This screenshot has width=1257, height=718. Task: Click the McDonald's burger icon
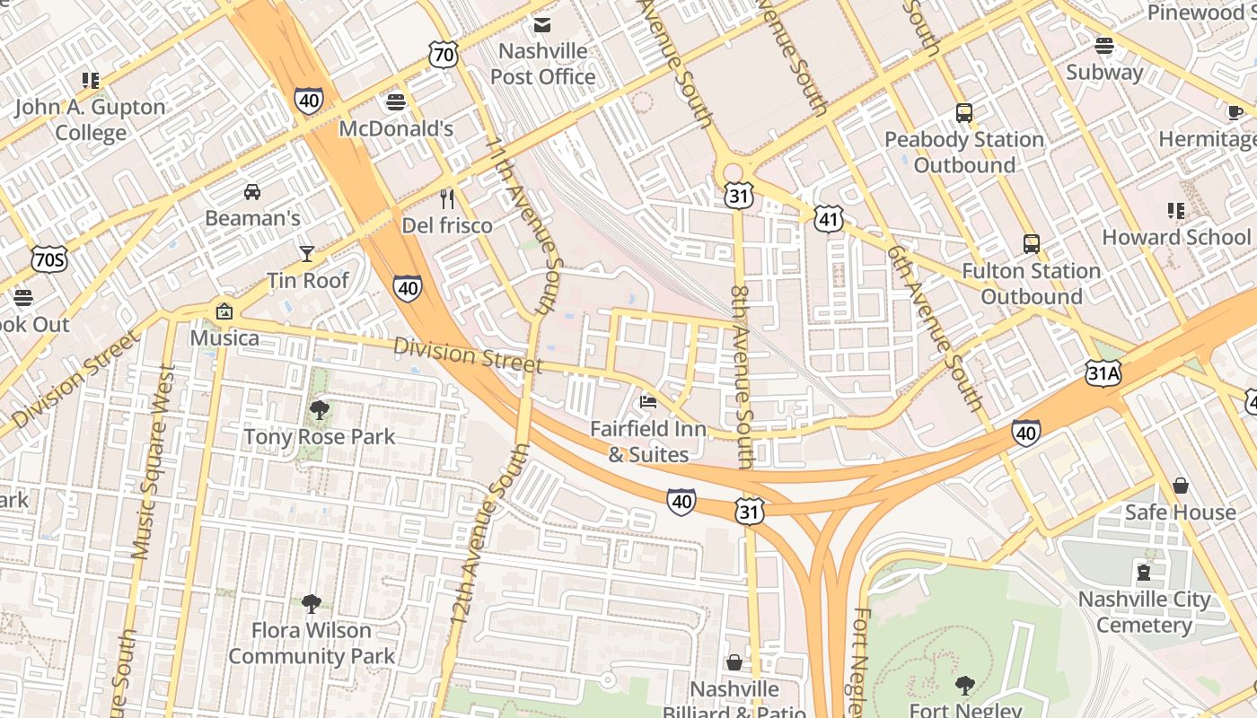pos(396,101)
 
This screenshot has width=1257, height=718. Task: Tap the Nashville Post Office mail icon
pos(542,24)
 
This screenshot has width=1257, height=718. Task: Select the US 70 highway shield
pos(444,56)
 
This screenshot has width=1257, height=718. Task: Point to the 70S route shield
pos(48,260)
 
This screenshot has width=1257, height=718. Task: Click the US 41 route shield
pos(829,218)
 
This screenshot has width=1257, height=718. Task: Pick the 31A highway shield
pos(1103,372)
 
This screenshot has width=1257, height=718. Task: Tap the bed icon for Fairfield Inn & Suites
pos(648,401)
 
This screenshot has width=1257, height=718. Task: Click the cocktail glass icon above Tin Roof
pos(307,253)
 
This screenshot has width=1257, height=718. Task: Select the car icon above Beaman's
pos(252,191)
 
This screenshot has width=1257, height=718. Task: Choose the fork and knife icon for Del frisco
pos(447,198)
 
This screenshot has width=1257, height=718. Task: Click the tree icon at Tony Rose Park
pos(319,410)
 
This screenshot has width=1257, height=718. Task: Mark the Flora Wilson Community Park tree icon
pos(312,603)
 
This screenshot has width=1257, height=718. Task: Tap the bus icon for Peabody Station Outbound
pos(964,113)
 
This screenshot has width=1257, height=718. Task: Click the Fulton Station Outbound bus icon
pos(1032,244)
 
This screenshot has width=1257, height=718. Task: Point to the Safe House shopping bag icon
pos(1181,486)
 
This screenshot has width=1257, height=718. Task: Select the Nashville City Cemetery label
pos(1144,612)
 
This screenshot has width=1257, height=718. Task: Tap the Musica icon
pos(224,311)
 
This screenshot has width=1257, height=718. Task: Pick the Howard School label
pos(1175,237)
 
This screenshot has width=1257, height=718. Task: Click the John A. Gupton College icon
pos(91,81)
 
